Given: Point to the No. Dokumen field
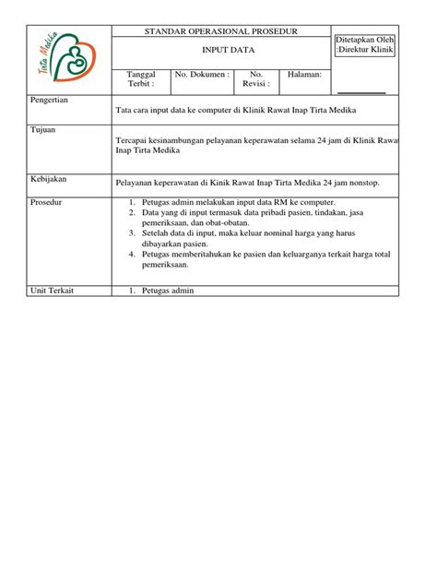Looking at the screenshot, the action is click(x=202, y=73).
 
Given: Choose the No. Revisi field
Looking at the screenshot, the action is click(x=256, y=78).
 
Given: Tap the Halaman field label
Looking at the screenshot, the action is click(x=305, y=73).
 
